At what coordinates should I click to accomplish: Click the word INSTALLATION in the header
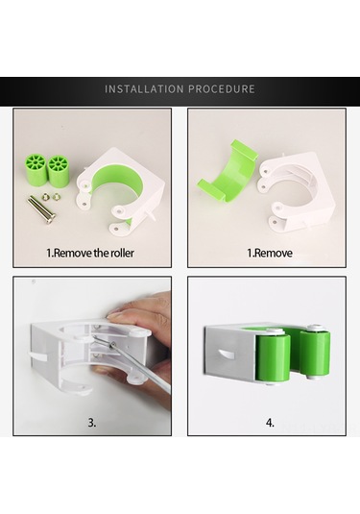click(144, 88)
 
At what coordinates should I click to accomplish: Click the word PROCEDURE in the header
click(222, 88)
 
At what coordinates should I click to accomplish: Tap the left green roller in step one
click(35, 169)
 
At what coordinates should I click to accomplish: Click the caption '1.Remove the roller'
click(90, 253)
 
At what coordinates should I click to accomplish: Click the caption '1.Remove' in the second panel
click(270, 253)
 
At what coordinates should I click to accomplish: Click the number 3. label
click(92, 423)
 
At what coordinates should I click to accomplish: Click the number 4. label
click(270, 423)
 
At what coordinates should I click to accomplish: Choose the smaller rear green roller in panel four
click(315, 353)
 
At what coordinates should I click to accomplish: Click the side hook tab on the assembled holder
click(228, 355)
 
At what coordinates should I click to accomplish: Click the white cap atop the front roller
click(275, 331)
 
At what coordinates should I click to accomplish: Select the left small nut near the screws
click(45, 197)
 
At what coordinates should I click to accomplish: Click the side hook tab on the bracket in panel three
click(39, 355)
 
